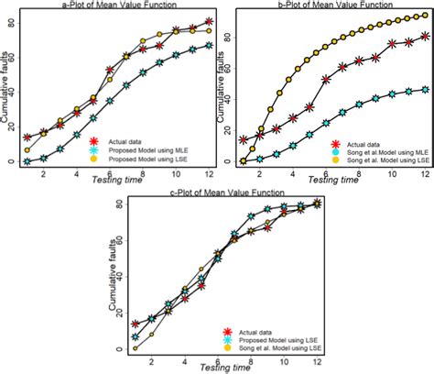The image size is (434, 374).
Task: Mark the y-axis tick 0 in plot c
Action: (117, 349)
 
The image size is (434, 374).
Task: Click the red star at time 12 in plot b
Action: (425, 37)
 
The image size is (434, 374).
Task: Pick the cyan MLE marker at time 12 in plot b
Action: (425, 89)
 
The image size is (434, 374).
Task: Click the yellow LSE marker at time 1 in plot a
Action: (27, 149)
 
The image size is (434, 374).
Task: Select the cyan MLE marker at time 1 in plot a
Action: (27, 161)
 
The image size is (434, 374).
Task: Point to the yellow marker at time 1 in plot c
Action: (136, 348)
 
